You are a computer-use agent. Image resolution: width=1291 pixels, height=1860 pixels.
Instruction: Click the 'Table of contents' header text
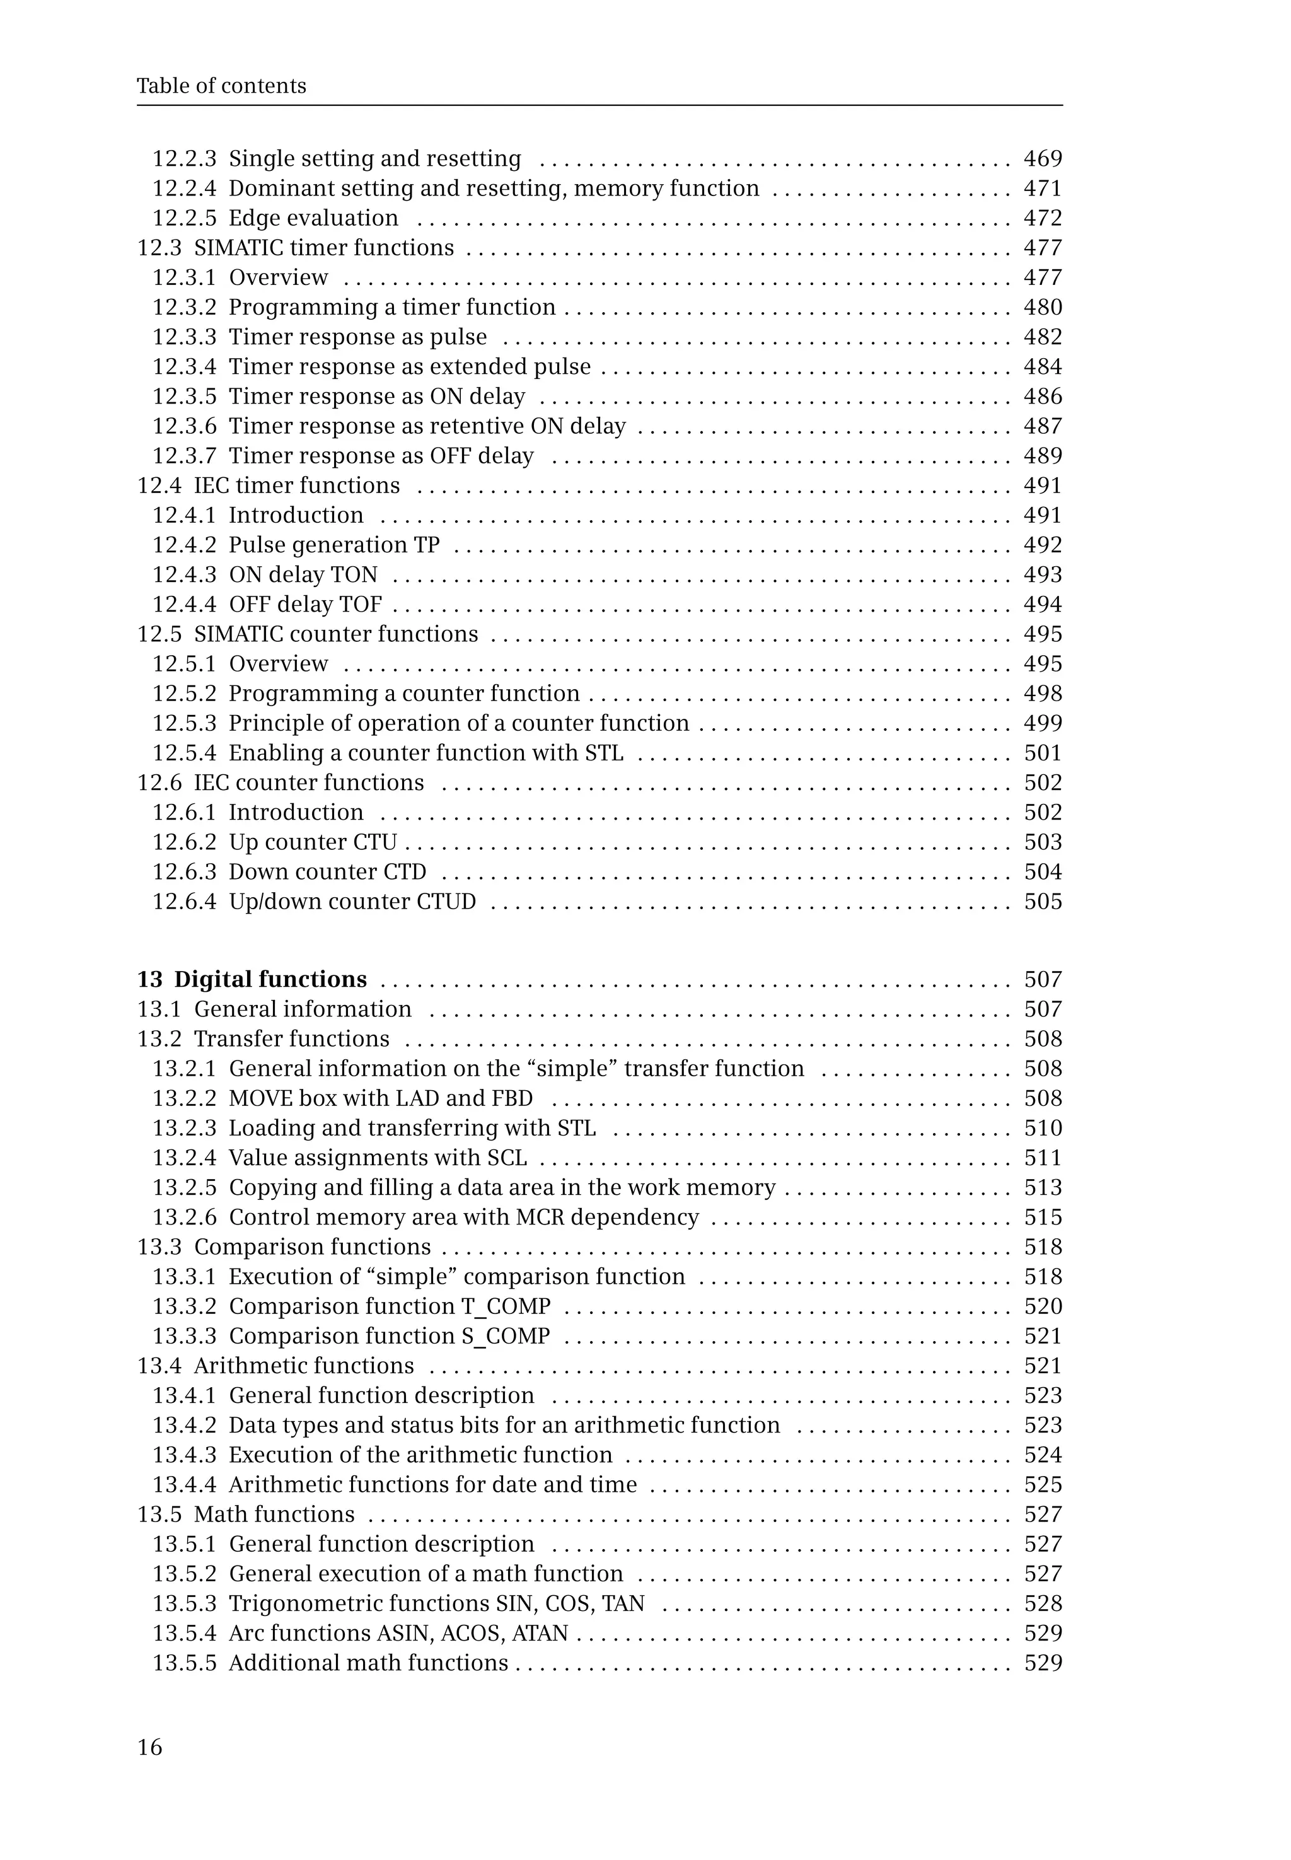(x=221, y=86)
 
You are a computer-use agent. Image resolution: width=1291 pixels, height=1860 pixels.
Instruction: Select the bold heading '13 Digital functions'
(x=252, y=979)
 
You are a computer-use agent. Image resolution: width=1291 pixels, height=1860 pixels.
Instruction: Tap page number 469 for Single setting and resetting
(x=1042, y=159)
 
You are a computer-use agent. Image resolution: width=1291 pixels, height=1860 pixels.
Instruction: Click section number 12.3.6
(x=185, y=426)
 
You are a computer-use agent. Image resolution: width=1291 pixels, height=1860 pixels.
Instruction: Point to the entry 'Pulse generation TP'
(x=334, y=545)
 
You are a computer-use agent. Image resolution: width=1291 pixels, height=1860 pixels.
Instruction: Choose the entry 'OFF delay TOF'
(x=305, y=605)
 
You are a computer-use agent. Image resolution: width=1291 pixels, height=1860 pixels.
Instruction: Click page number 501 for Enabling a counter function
(x=1042, y=753)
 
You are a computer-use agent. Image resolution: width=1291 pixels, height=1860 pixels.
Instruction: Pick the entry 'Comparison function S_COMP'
(x=389, y=1336)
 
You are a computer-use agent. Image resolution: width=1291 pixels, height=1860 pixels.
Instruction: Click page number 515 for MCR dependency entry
(x=1042, y=1218)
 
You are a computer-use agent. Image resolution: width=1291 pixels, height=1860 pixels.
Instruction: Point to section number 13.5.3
(x=185, y=1603)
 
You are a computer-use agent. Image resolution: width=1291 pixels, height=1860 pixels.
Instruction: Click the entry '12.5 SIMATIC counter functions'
(x=308, y=634)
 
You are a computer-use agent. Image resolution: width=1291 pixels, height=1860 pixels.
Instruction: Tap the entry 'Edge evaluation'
(x=313, y=218)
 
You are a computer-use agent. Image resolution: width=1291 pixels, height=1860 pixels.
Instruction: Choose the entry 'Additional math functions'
(x=368, y=1663)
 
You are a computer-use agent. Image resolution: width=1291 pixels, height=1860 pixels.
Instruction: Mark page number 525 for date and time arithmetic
(x=1042, y=1485)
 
